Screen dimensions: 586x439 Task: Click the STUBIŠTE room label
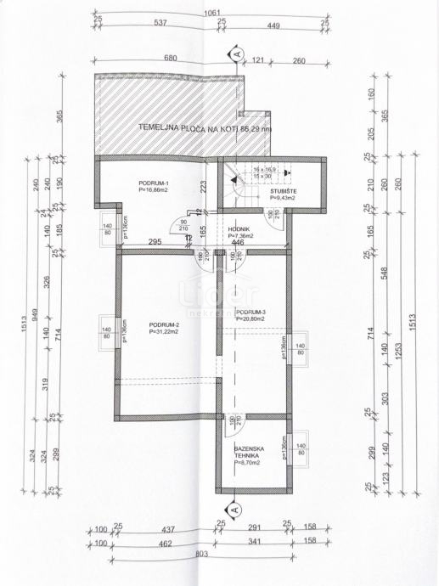point(273,193)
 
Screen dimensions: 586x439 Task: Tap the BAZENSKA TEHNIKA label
point(251,452)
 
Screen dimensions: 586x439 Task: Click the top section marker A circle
point(234,55)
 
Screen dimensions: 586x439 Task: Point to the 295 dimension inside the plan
point(156,243)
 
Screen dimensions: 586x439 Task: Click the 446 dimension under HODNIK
point(241,243)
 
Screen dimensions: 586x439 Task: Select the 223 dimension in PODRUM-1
point(203,185)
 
